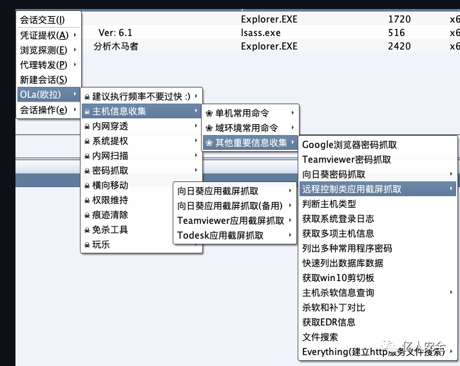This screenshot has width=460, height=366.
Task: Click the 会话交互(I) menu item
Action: pyautogui.click(x=43, y=21)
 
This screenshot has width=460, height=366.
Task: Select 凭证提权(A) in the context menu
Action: pyautogui.click(x=44, y=35)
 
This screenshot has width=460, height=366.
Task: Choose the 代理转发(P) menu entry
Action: pyautogui.click(x=44, y=64)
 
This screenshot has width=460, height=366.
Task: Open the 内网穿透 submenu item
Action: pyautogui.click(x=110, y=126)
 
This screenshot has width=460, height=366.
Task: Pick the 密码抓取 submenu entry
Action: pyautogui.click(x=110, y=170)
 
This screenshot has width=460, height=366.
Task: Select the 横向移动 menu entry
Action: pyautogui.click(x=110, y=185)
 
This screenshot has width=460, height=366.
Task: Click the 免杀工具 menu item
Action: pyautogui.click(x=110, y=230)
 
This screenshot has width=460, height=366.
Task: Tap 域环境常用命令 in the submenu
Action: pyautogui.click(x=247, y=127)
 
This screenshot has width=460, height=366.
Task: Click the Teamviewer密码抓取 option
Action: pyautogui.click(x=347, y=160)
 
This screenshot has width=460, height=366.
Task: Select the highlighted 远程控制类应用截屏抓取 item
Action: pyautogui.click(x=352, y=189)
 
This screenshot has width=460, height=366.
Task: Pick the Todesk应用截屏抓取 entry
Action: pyautogui.click(x=220, y=235)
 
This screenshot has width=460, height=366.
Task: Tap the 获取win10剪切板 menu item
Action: pyautogui.click(x=338, y=278)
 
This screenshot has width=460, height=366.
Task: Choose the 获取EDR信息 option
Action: pyautogui.click(x=329, y=322)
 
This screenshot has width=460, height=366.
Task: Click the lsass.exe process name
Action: pyautogui.click(x=261, y=32)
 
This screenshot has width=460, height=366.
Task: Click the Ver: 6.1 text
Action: pyautogui.click(x=116, y=32)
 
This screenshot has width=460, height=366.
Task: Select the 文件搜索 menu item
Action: pyautogui.click(x=320, y=337)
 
